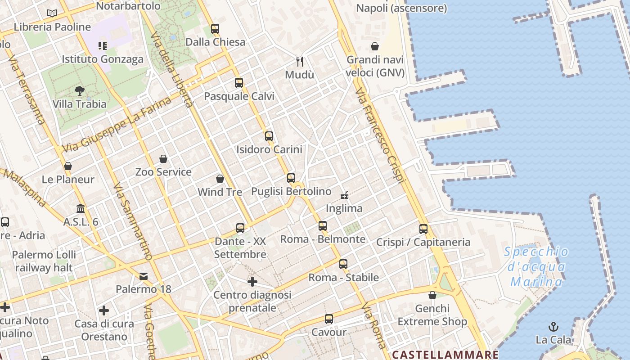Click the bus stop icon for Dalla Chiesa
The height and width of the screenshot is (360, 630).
[x=215, y=29]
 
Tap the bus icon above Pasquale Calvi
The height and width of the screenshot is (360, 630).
[x=239, y=83]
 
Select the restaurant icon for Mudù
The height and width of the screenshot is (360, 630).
[x=300, y=61]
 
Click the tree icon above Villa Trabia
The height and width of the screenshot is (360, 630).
[x=80, y=91]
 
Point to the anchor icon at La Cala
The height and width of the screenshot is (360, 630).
[x=553, y=327]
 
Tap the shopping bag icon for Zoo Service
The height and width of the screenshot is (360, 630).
[x=163, y=159]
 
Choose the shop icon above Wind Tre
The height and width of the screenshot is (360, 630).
[x=220, y=179]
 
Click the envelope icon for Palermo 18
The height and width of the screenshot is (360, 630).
[x=144, y=276]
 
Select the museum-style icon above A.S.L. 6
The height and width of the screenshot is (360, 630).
[x=81, y=208]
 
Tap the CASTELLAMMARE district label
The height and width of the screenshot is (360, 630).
[x=445, y=354]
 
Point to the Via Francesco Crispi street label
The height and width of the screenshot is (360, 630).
[x=379, y=135]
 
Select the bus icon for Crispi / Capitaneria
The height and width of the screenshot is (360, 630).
[x=423, y=229]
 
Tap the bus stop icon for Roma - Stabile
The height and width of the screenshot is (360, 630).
[x=343, y=264]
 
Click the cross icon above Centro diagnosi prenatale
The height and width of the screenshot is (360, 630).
[x=252, y=282]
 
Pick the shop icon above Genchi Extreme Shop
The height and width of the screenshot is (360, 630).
[x=432, y=295]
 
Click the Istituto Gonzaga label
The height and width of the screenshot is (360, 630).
[x=103, y=59]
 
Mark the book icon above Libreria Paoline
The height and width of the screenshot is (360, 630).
[x=52, y=13]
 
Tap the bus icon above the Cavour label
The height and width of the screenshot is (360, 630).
[x=329, y=319]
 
